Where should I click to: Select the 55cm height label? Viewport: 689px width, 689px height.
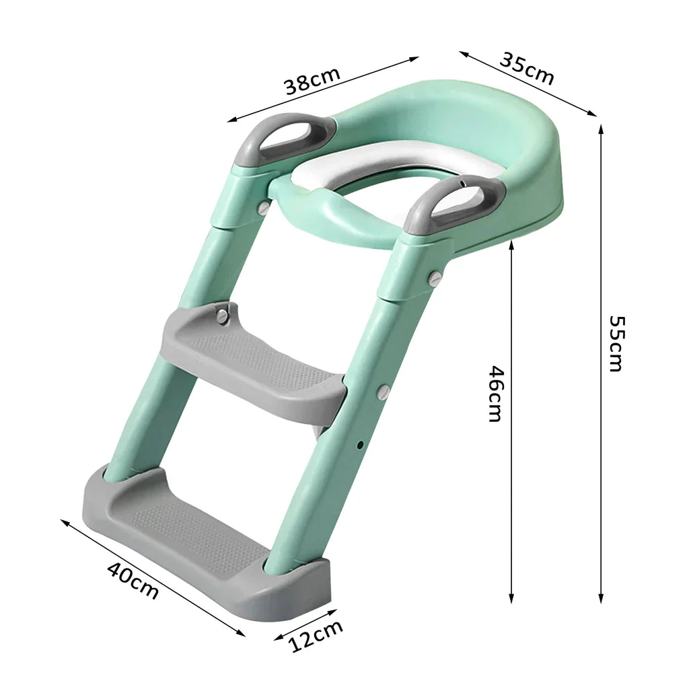point(615,343)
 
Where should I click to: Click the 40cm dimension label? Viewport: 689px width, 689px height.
point(133,579)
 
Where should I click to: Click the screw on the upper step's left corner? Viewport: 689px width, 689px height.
point(222,315)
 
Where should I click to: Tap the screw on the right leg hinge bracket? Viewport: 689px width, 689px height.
point(435,277)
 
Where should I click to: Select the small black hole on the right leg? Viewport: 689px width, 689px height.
point(361,444)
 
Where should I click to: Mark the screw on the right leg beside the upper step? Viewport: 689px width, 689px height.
point(383,392)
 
